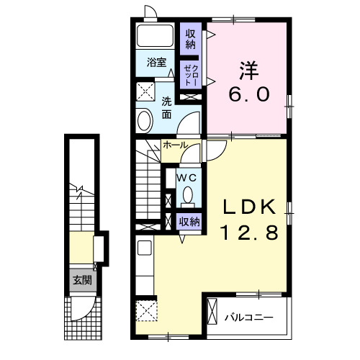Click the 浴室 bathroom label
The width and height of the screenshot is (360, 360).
(156, 63)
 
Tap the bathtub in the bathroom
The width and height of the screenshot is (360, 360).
(155, 36)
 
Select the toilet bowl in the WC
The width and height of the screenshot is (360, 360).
(187, 195)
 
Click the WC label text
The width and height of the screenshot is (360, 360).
(186, 178)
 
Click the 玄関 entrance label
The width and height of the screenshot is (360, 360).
(83, 280)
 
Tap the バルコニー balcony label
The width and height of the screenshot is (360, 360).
(249, 318)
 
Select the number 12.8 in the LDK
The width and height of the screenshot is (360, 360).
(250, 233)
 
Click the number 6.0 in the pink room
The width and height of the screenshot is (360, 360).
(250, 94)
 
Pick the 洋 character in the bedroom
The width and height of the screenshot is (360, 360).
(249, 71)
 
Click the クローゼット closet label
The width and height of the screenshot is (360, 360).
(191, 75)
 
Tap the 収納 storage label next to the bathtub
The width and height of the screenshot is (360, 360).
(191, 40)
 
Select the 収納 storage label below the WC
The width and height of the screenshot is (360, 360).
(189, 222)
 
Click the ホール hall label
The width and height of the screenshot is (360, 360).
(175, 145)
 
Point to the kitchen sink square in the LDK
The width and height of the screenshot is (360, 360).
(145, 248)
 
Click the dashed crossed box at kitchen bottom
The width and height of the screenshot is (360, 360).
(147, 311)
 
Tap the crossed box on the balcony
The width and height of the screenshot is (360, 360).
(212, 312)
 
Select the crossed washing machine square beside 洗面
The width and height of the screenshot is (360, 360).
(145, 91)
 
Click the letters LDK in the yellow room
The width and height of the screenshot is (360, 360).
(250, 207)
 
